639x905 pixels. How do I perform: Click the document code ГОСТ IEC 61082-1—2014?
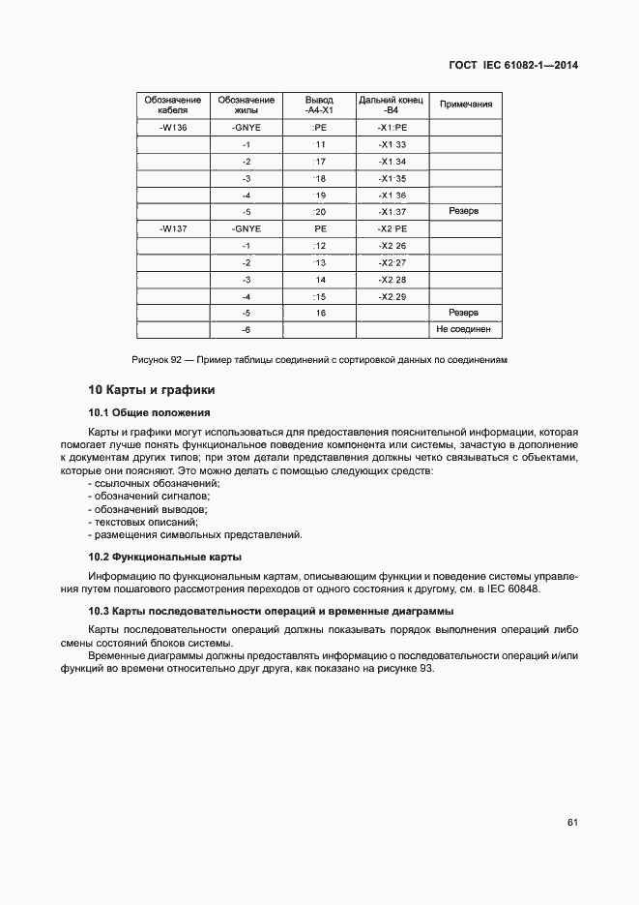(x=521, y=66)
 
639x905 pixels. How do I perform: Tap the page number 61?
(x=572, y=823)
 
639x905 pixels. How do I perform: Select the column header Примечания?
(x=466, y=106)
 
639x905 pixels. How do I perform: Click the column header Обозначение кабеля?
(x=173, y=106)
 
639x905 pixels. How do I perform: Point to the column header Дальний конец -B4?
(x=392, y=106)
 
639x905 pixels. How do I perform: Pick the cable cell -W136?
(x=173, y=128)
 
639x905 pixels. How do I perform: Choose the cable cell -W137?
(x=173, y=228)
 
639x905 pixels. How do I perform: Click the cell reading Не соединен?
(x=466, y=329)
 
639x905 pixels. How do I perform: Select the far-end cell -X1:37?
(x=392, y=212)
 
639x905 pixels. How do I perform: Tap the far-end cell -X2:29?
(x=392, y=296)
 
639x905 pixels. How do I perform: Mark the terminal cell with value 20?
(x=319, y=212)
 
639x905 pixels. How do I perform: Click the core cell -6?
(x=247, y=330)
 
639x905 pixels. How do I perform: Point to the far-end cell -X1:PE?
(x=392, y=128)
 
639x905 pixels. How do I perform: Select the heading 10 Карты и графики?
(x=151, y=390)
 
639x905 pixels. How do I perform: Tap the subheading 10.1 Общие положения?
(x=142, y=412)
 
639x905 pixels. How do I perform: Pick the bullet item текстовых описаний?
(x=146, y=522)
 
